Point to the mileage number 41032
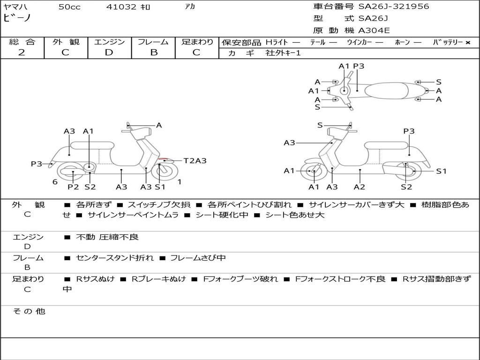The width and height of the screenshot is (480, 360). [x=121, y=7]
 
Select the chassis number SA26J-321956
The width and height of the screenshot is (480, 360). [x=394, y=7]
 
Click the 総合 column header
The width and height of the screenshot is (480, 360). [x=22, y=42]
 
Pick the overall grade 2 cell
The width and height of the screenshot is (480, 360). [x=22, y=52]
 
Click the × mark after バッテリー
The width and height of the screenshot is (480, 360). [x=467, y=43]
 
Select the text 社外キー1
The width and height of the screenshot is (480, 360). [x=283, y=53]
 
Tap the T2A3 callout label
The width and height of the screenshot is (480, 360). [x=195, y=161]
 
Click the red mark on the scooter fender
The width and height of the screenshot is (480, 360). [x=164, y=159]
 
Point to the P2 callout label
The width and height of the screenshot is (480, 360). [x=73, y=187]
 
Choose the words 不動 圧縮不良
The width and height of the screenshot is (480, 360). [x=107, y=237]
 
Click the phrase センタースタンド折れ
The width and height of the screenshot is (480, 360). [x=115, y=258]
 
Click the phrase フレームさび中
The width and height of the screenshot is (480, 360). [x=198, y=258]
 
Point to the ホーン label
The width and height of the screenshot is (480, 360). [x=403, y=43]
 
